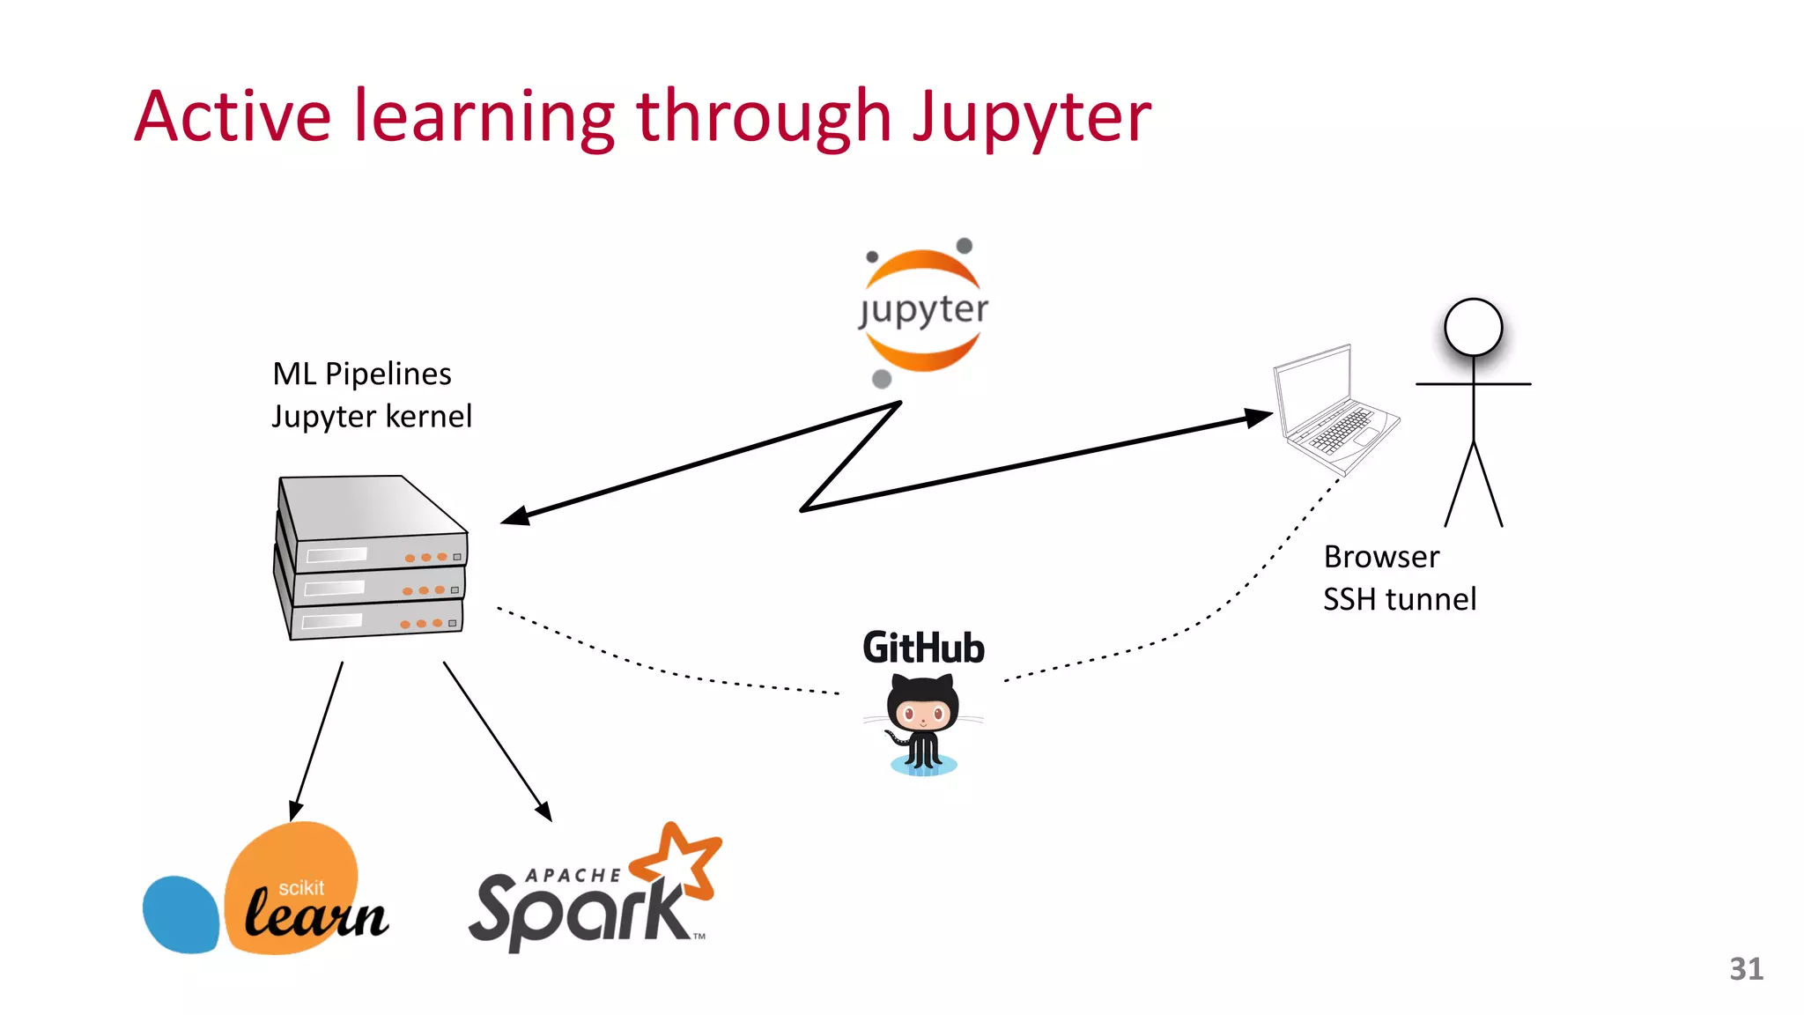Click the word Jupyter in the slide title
(x=1031, y=118)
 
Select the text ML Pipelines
(x=361, y=374)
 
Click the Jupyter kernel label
(x=372, y=416)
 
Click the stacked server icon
(x=371, y=557)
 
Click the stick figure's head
(x=1473, y=327)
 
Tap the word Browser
(x=1381, y=557)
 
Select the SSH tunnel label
(x=1399, y=599)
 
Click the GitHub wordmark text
(x=923, y=648)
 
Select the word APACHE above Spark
(x=573, y=875)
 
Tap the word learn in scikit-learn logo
(x=315, y=915)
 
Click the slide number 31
(x=1746, y=968)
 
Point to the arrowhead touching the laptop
(x=1260, y=417)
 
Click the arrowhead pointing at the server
(x=515, y=516)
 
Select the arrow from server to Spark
(x=497, y=741)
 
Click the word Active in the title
(x=233, y=116)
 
